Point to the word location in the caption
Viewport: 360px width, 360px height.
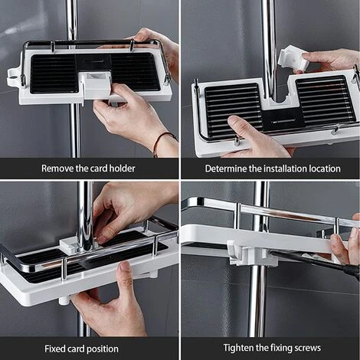319,168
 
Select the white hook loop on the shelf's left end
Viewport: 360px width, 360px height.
14,77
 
